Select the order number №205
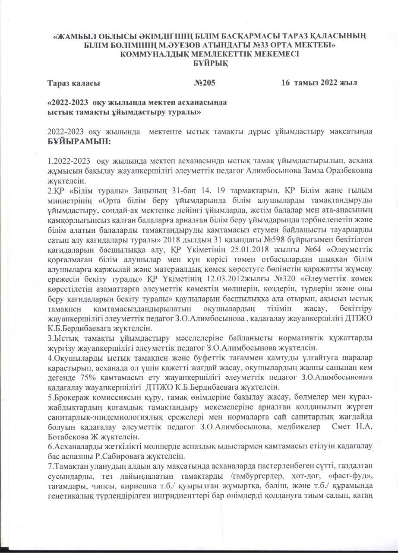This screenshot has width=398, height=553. tap(205, 83)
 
